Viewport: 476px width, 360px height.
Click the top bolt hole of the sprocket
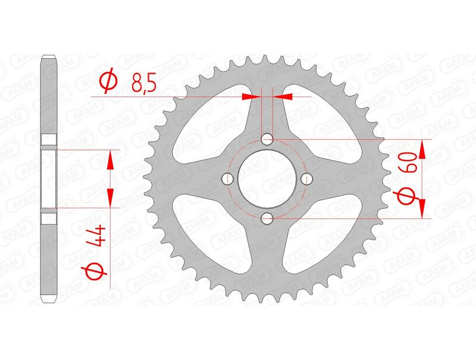point(267,140)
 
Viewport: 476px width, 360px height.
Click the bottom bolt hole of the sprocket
point(267,218)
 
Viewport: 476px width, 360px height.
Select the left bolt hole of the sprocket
point(228,179)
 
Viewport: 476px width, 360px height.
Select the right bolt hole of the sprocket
point(306,179)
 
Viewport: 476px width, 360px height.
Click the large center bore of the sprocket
point(267,179)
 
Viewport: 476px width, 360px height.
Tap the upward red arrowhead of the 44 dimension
point(109,159)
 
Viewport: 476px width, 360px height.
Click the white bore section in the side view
point(49,179)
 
